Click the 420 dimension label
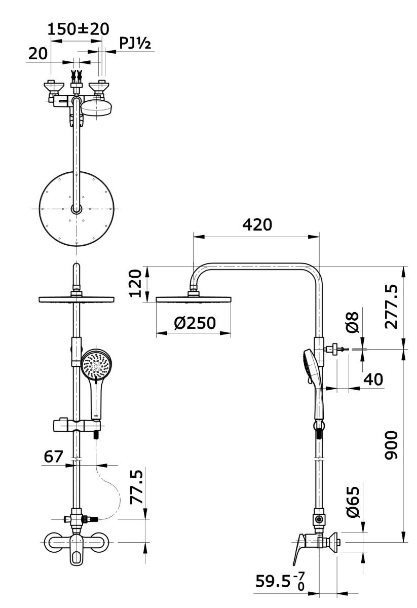click(257, 224)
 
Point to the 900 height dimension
click(391, 445)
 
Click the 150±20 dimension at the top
click(78, 29)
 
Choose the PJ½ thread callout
click(135, 44)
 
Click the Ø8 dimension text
click(353, 322)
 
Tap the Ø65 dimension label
click(353, 502)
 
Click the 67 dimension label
click(53, 456)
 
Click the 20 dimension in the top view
click(37, 53)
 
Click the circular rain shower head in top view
click(77, 209)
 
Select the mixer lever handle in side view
click(298, 550)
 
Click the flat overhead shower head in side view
click(194, 299)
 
